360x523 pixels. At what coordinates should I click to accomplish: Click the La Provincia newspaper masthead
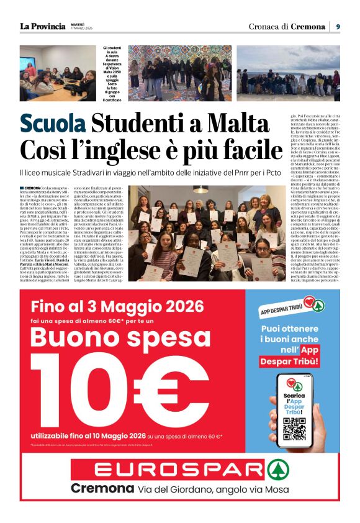tap(42, 26)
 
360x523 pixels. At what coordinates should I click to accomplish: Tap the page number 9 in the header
tap(338, 26)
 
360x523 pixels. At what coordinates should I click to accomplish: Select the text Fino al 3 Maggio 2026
tap(117, 306)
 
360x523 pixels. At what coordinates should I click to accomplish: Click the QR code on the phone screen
tap(294, 429)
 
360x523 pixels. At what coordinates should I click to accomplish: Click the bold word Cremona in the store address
tap(102, 488)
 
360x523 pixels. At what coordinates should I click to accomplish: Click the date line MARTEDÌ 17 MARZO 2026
tap(81, 26)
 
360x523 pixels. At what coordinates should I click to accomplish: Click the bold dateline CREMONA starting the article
tap(33, 187)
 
